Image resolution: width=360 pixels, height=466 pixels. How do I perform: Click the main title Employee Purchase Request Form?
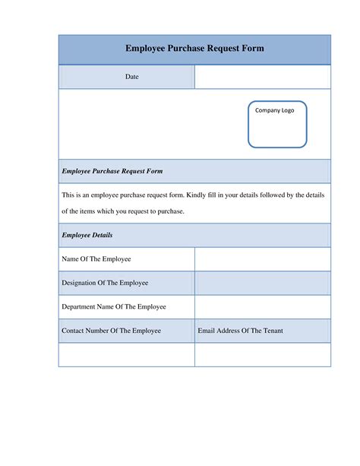pos(194,49)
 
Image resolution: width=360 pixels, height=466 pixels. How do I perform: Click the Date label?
pos(132,78)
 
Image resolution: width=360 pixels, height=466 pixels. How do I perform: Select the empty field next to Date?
pos(263,78)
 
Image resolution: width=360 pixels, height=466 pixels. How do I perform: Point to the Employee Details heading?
pos(87,236)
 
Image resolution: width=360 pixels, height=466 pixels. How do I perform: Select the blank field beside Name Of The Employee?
pos(263,259)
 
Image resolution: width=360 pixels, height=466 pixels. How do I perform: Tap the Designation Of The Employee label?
pos(105,283)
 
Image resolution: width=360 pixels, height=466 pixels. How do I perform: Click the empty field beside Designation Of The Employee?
pos(263,283)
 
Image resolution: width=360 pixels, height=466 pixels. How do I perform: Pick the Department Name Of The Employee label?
pos(113,307)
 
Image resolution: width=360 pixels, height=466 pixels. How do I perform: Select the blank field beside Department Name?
pos(263,307)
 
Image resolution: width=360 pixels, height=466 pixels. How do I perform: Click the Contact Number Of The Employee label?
pos(111,331)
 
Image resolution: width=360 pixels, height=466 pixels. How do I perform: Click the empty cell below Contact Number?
pos(127,355)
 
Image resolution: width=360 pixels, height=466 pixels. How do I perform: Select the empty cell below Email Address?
pos(263,355)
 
